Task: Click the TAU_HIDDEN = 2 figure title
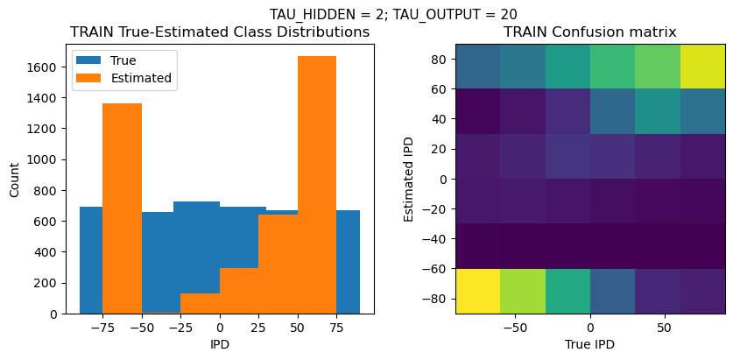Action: [x=392, y=14]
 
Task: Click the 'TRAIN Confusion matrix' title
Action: [x=589, y=32]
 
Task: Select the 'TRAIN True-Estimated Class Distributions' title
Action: [x=219, y=32]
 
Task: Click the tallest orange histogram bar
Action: [x=317, y=184]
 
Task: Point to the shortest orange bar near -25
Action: [x=200, y=303]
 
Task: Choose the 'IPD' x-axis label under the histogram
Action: [x=219, y=344]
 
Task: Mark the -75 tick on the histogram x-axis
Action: [x=102, y=328]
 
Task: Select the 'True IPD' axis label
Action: [x=589, y=344]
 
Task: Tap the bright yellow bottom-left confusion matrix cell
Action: [x=477, y=291]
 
